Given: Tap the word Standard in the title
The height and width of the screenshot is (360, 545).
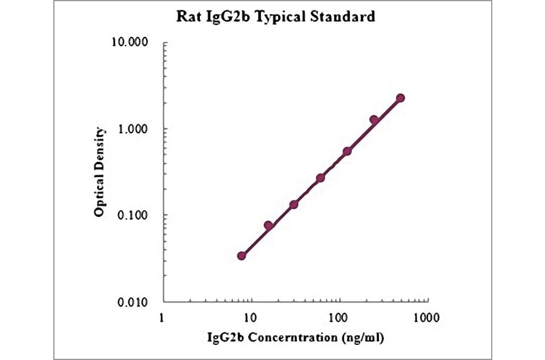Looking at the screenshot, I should click(344, 16).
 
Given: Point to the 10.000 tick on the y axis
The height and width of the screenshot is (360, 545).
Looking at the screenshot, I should click(132, 43).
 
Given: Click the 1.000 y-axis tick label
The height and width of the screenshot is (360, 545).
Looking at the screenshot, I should click(134, 129).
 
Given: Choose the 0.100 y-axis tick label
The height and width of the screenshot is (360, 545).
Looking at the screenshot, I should click(134, 216).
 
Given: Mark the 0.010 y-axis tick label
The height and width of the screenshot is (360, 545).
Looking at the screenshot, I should click(134, 302).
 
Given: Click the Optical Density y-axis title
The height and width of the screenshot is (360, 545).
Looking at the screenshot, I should click(101, 172).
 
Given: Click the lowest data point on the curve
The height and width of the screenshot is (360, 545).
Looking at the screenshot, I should click(242, 256).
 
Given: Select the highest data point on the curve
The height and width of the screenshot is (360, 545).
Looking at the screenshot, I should click(400, 98).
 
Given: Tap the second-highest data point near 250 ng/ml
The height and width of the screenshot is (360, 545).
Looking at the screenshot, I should click(374, 120).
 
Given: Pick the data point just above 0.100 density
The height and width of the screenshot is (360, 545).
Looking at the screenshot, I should click(294, 204).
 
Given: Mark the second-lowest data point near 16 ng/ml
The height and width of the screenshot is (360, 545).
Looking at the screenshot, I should click(268, 225).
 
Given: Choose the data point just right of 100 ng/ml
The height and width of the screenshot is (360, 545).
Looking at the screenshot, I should click(347, 152).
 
